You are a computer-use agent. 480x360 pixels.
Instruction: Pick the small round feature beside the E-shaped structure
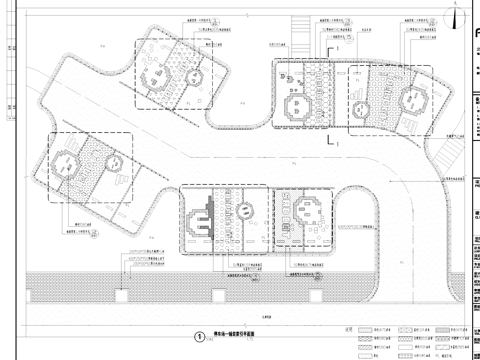coord(243,212)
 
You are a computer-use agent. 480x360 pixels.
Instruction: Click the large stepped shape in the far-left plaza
coord(66,160)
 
